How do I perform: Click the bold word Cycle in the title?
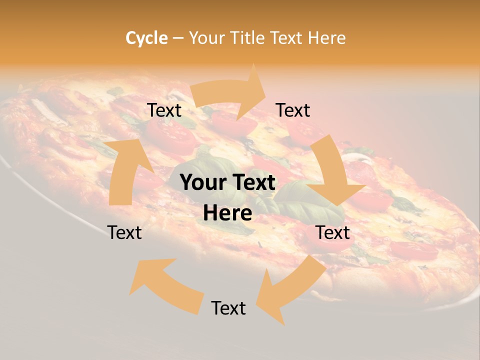tap(146, 38)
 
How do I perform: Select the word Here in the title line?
tap(326, 38)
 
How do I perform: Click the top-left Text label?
tap(164, 110)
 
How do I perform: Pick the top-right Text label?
tap(293, 110)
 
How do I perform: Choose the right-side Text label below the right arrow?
tap(332, 232)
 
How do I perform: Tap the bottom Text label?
tap(228, 308)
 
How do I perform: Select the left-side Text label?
tap(124, 232)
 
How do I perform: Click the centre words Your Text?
tap(227, 182)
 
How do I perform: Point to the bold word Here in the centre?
tap(227, 213)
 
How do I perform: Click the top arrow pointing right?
tap(230, 95)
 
